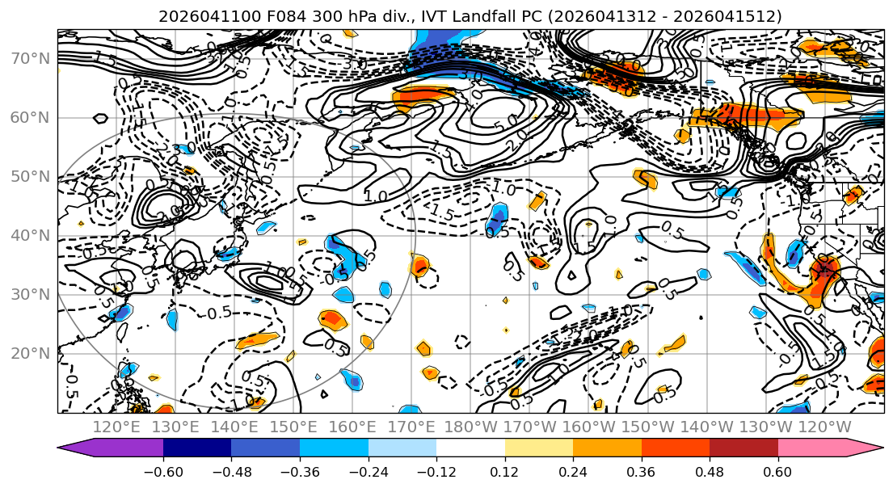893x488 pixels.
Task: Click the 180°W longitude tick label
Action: pyautogui.click(x=470, y=427)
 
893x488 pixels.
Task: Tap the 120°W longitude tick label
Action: pyautogui.click(x=824, y=427)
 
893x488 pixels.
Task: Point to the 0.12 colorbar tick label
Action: pyautogui.click(x=505, y=470)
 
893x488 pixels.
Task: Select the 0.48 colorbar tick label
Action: pyautogui.click(x=710, y=470)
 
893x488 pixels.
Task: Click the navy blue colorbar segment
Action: pyautogui.click(x=197, y=448)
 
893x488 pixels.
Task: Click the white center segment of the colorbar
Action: pyautogui.click(x=470, y=448)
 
